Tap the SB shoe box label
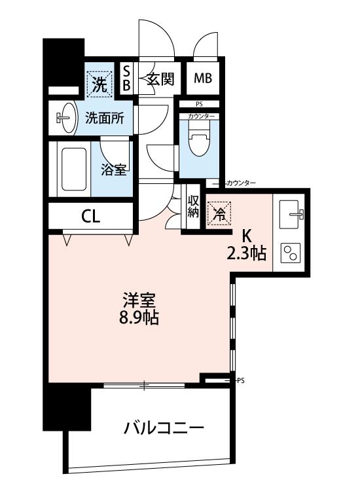tap(126, 79)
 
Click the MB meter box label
tap(203, 79)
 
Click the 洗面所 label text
tap(105, 118)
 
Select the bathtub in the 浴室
tap(74, 169)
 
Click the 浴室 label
tap(114, 170)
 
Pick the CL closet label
tap(90, 216)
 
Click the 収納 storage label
tap(193, 207)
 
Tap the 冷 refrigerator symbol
tap(219, 213)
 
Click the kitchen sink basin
tap(290, 215)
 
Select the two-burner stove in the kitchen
tap(289, 253)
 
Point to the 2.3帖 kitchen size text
tap(247, 253)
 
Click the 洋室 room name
tap(139, 300)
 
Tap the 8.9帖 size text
tap(139, 318)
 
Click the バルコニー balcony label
tap(164, 427)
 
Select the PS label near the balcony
tap(240, 381)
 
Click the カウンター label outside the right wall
tap(241, 183)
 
